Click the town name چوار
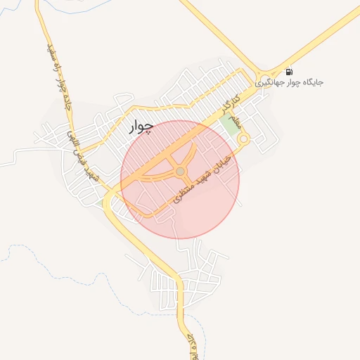(x=141, y=127)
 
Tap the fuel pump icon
(x=289, y=72)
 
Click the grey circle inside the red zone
(x=180, y=171)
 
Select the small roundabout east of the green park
(x=244, y=139)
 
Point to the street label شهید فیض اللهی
(x=82, y=150)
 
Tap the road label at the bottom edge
(x=191, y=346)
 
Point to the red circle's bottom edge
(x=180, y=238)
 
